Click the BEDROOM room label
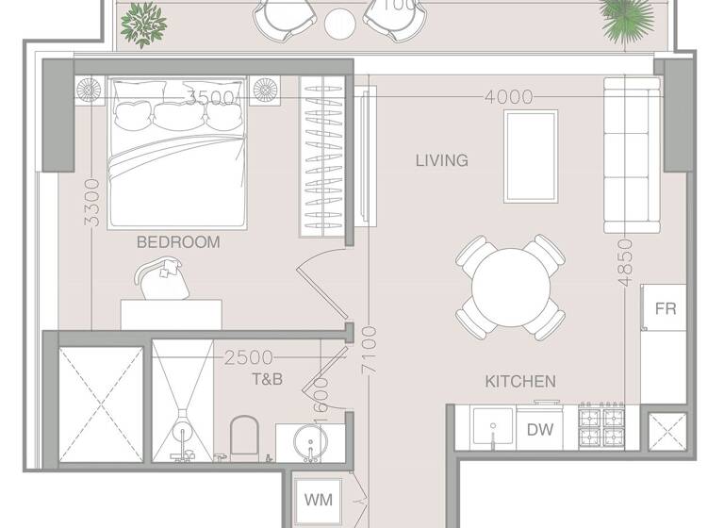(178, 242)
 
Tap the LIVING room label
(441, 160)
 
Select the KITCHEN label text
(519, 382)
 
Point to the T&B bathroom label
(267, 379)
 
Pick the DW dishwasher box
(540, 430)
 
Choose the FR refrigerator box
(666, 308)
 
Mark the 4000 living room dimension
(509, 97)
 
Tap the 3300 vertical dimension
(90, 202)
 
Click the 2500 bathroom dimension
(249, 357)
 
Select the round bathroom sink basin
(308, 438)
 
